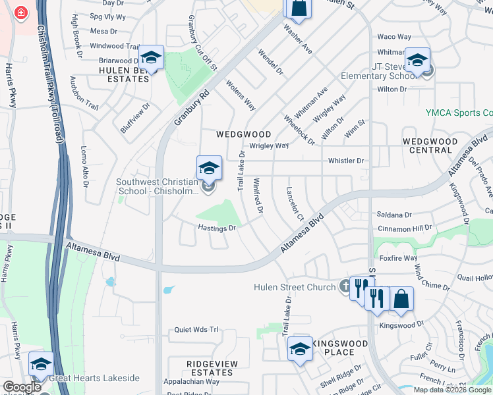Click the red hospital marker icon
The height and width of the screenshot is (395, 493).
[20, 13]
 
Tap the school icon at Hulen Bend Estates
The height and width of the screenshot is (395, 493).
[152, 58]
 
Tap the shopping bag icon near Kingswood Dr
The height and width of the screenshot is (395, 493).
[401, 300]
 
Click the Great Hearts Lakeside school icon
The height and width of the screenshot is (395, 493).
[41, 365]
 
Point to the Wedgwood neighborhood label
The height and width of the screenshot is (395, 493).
[244, 134]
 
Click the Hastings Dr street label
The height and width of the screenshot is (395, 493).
[217, 228]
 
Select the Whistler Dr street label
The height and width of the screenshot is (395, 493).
[346, 161]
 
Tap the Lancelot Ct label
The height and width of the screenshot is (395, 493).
[293, 204]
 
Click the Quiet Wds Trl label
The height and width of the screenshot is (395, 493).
[196, 330]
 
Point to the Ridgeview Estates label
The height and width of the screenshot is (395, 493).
[210, 368]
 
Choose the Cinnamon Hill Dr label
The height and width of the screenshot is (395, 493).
[404, 228]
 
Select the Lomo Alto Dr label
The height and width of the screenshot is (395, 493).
[85, 167]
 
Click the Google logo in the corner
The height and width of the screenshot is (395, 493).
[22, 387]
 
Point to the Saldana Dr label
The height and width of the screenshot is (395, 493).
[394, 215]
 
